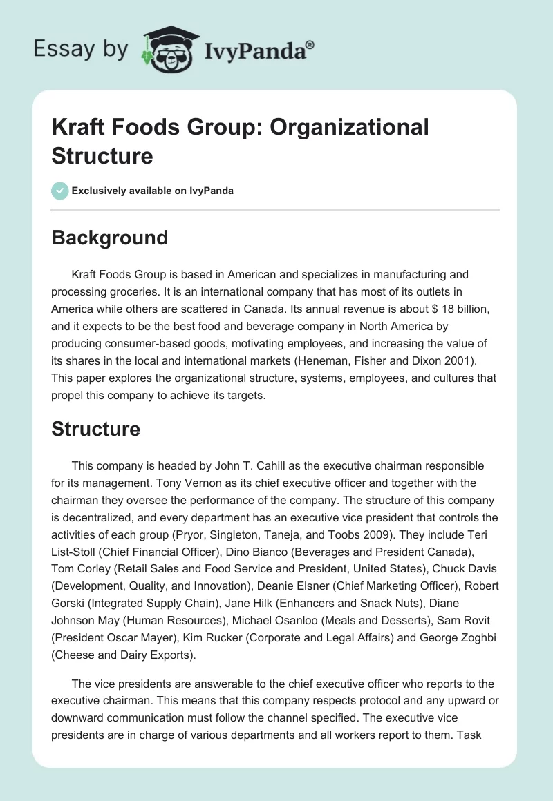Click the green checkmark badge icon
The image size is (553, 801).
coord(60,191)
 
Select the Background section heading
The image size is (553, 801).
coord(110,238)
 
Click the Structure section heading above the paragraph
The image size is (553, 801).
coord(96,429)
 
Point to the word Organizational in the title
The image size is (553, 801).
coord(344,127)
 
